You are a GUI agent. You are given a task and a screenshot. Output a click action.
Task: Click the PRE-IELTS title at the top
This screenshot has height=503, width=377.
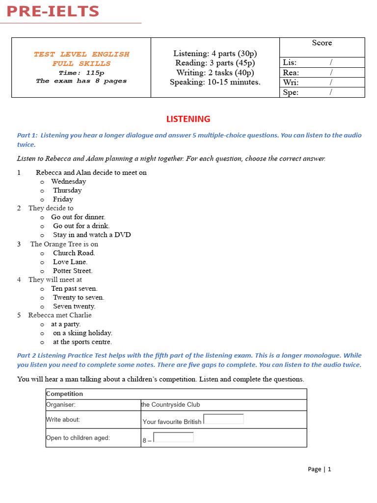(x=53, y=11)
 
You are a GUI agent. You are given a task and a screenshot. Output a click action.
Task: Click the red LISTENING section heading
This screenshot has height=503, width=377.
(x=188, y=119)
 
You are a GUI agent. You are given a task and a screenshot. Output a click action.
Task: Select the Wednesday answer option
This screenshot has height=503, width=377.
(x=68, y=182)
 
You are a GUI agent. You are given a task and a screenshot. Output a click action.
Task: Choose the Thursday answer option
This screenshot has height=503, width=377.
(x=67, y=191)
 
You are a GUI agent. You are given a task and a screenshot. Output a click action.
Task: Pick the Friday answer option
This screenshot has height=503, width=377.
(x=63, y=199)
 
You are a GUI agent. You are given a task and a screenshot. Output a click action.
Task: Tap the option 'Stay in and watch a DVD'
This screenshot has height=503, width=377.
(x=92, y=235)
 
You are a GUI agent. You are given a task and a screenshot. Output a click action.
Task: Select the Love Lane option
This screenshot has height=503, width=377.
(x=70, y=262)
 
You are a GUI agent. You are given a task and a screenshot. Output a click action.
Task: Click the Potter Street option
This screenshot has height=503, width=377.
(x=73, y=271)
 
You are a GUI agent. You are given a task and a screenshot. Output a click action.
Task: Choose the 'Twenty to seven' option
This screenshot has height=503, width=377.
(x=79, y=298)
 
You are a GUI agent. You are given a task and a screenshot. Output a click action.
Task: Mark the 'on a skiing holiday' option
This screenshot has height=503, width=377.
(x=82, y=333)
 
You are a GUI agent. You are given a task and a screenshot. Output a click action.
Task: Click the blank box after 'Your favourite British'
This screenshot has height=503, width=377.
(x=223, y=419)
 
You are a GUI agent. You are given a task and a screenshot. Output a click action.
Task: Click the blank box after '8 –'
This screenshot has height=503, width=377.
(x=173, y=437)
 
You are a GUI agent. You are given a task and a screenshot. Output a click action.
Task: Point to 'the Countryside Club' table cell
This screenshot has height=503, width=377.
(x=170, y=405)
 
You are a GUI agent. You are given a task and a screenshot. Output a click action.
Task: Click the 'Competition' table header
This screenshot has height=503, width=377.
(x=64, y=394)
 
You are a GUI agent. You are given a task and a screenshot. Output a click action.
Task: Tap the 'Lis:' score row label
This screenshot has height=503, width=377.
(x=290, y=62)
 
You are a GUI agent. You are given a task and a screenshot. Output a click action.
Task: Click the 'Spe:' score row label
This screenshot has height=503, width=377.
(x=291, y=92)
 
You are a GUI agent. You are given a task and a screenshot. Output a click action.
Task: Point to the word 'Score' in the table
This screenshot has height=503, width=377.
(x=322, y=43)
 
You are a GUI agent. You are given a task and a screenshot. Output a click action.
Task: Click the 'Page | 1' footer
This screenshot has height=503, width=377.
(x=319, y=469)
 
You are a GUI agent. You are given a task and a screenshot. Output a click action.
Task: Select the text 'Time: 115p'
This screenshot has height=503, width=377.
(x=81, y=73)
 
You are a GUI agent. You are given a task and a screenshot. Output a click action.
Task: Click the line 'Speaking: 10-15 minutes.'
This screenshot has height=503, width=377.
(x=215, y=82)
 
